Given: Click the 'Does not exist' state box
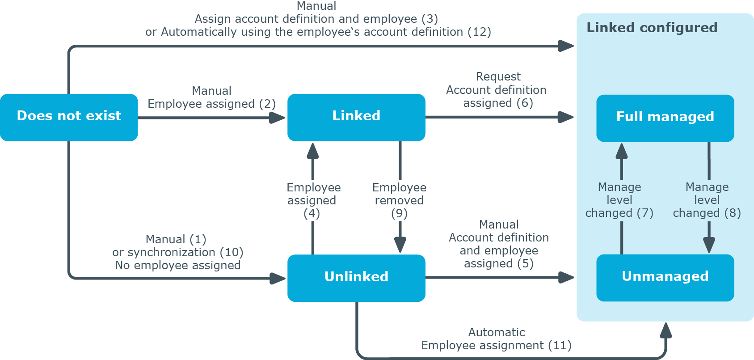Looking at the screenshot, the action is [69, 117].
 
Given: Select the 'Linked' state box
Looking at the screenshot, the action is [356, 117].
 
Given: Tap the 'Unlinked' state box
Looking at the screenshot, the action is [356, 278].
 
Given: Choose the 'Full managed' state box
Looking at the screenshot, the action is [665, 118].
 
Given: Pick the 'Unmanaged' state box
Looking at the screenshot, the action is [665, 278].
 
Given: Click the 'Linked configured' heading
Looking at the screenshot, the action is [652, 28].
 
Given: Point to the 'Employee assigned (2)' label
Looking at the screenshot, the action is [212, 104].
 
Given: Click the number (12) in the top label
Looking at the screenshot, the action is [479, 32].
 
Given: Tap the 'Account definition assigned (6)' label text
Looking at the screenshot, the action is [497, 96].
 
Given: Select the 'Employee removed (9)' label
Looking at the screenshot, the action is [399, 200].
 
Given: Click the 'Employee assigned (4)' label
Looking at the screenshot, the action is [313, 200].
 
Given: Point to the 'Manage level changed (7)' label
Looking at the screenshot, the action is [619, 200].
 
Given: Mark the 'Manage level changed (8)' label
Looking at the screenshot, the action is [707, 200].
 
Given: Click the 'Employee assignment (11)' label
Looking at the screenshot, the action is [497, 345].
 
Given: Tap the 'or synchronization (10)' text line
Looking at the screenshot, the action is [178, 252].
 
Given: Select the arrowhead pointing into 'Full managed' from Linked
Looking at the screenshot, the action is [566, 117].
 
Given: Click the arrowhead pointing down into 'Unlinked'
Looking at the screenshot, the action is [400, 245].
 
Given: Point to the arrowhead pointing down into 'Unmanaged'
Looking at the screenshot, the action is [709, 245].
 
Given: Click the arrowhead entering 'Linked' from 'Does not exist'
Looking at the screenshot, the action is [278, 118].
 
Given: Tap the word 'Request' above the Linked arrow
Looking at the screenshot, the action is [498, 77].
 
